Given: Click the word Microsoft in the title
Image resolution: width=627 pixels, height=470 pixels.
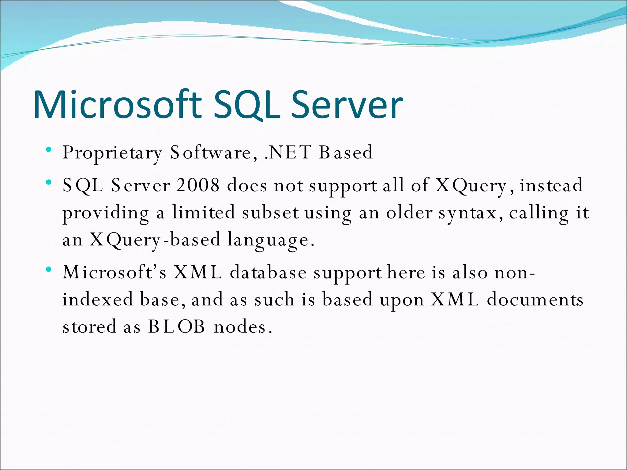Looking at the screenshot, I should pos(118,105).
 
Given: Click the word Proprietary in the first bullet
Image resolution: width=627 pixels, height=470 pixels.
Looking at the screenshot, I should pos(112,153).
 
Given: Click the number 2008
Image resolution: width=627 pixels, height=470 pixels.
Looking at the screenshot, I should pos(198,185).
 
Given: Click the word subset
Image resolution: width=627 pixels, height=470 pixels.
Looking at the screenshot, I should pos(270,212).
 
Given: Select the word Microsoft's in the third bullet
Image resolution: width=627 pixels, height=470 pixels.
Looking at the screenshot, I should pos(115,272).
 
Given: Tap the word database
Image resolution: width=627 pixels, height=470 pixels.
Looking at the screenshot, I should pos(268,272).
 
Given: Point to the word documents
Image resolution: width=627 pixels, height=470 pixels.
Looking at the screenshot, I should pos(535,299).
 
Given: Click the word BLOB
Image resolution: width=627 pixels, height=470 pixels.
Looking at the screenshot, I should pos(177,326).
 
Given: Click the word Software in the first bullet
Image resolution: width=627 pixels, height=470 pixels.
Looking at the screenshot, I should pos(211,152).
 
